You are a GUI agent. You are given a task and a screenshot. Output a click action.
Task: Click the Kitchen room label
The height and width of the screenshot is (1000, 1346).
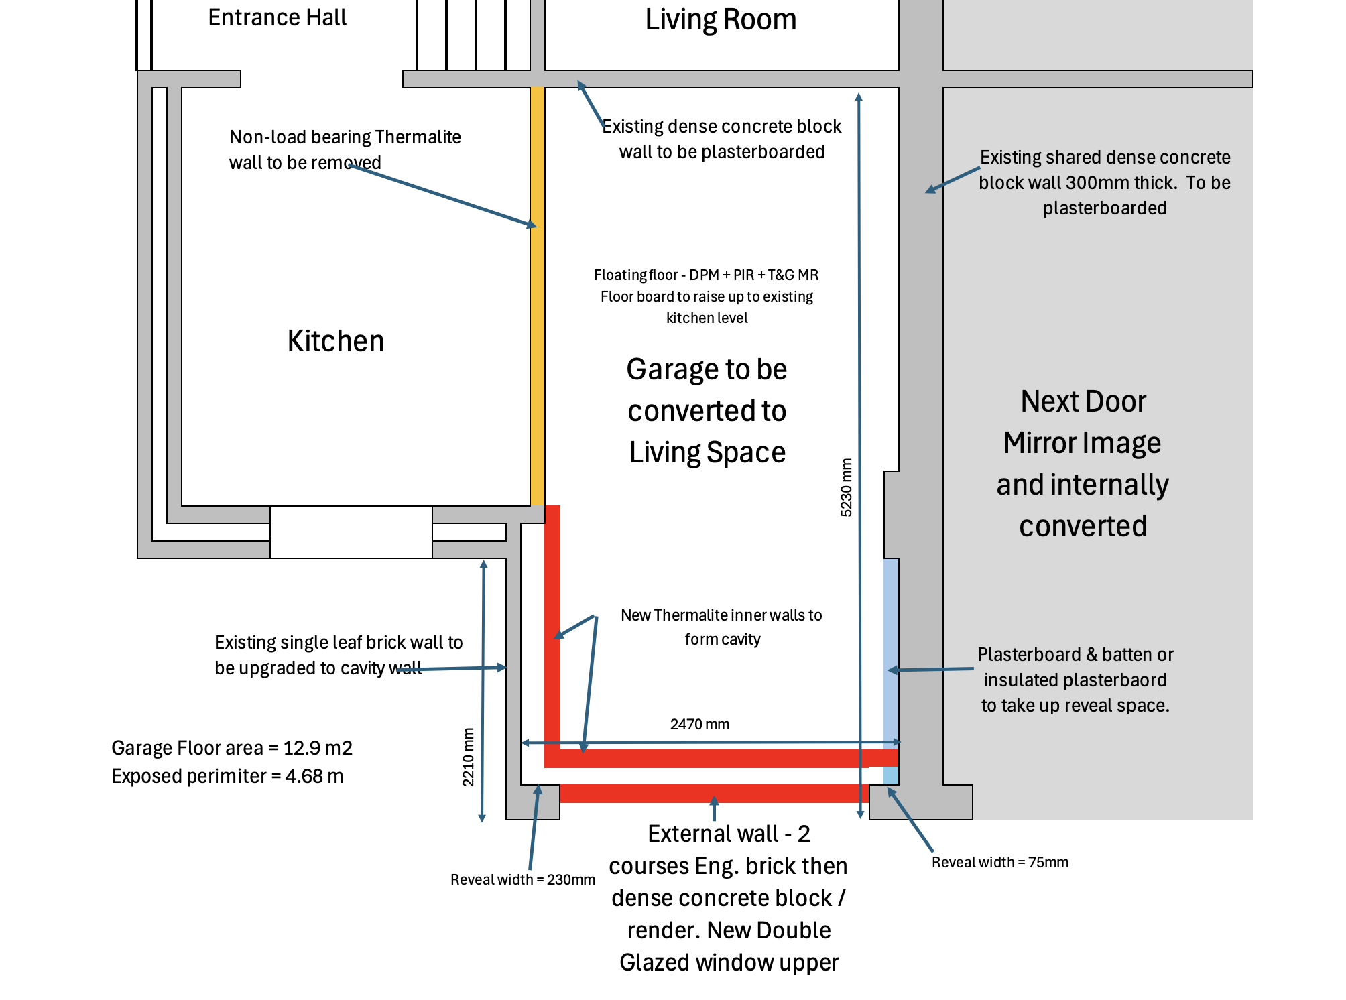click(336, 341)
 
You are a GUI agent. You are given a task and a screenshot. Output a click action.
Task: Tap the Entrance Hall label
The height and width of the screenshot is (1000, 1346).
click(277, 17)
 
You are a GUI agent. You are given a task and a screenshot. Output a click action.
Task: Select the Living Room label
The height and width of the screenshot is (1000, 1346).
click(721, 19)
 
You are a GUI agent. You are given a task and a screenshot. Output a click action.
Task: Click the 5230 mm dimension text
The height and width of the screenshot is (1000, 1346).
click(847, 487)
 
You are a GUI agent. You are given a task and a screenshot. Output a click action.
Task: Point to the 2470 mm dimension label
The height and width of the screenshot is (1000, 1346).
click(699, 724)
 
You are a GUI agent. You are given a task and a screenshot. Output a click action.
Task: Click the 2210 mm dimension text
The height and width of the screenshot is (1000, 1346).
click(468, 757)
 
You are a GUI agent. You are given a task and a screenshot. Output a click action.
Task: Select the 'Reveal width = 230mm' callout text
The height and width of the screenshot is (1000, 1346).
click(523, 879)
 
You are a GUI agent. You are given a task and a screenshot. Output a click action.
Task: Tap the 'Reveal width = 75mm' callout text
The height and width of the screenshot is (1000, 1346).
click(1000, 862)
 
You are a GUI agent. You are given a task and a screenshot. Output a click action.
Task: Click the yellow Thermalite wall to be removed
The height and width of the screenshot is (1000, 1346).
click(538, 296)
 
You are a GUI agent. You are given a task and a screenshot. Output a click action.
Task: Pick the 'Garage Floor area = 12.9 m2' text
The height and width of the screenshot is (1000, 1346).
click(232, 748)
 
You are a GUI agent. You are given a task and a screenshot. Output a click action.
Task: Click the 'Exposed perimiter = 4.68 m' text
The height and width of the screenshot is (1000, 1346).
click(227, 776)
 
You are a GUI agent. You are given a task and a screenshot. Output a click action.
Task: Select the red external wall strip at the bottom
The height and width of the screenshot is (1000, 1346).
click(715, 794)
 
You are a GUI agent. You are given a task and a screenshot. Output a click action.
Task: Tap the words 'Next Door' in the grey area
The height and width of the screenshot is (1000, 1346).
click(1083, 401)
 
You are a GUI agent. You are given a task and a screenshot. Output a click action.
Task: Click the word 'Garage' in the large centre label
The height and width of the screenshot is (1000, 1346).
click(668, 370)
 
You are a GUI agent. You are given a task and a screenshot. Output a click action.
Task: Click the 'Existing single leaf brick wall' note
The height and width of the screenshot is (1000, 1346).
click(339, 655)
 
